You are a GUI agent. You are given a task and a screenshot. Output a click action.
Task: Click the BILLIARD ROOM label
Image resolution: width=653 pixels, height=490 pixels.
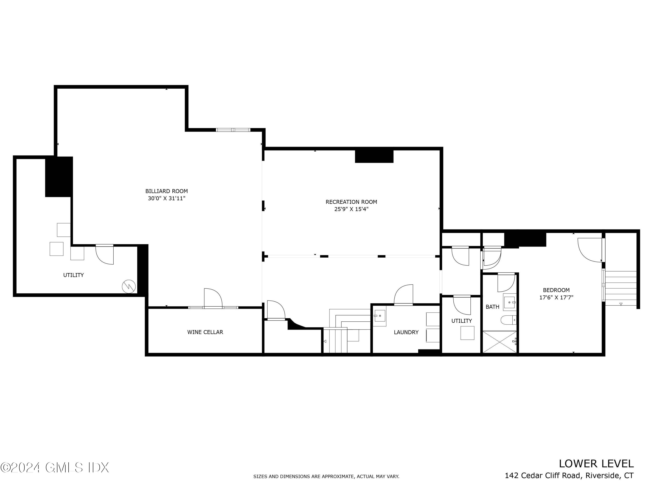pos(167,191)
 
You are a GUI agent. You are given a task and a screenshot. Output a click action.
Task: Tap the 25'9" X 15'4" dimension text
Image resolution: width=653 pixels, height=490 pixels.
pos(351,209)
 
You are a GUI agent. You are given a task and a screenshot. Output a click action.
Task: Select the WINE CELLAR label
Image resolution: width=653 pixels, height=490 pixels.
pos(205,332)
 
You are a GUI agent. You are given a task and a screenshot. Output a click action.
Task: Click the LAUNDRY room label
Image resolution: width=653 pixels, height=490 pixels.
pos(406,332)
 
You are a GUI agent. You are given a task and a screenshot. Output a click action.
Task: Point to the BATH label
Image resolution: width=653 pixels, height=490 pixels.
pos(492,307)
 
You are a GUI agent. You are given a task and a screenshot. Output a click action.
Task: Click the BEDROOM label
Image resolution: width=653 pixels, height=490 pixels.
pos(556,290)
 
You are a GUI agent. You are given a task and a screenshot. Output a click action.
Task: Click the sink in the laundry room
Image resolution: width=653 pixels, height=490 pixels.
pos(380,316)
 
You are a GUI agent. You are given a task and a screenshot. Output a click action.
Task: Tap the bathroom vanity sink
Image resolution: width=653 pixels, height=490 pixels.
pos(510,302)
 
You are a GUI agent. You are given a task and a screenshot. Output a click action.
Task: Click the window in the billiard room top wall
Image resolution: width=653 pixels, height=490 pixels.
pos(233,130)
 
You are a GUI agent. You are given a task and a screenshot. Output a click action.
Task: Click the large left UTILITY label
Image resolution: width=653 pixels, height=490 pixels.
pos(74,275)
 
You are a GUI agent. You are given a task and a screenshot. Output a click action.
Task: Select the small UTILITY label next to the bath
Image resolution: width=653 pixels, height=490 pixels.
pos(461,321)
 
